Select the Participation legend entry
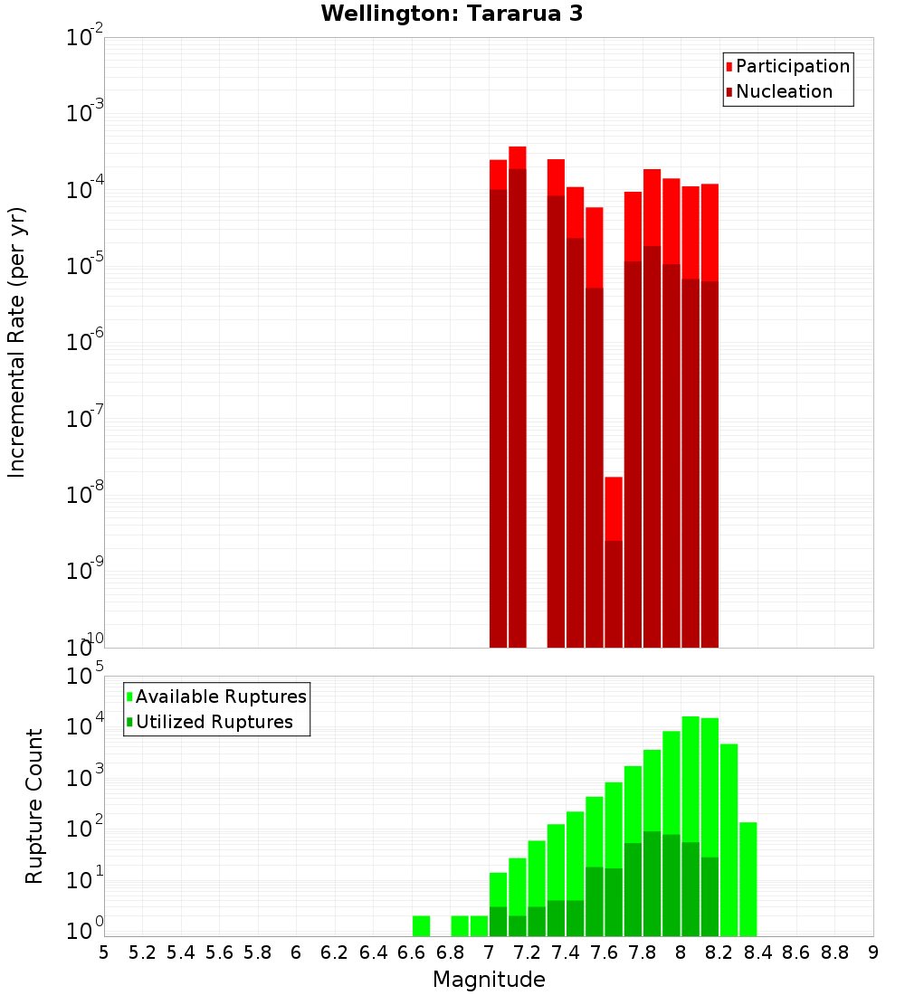pyautogui.click(x=787, y=66)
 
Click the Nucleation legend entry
pyautogui.click(x=778, y=91)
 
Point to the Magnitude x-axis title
pyautogui.click(x=489, y=980)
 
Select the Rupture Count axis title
pyautogui.click(x=34, y=805)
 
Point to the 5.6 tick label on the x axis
pyautogui.click(x=220, y=952)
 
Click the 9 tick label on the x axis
pyautogui.click(x=872, y=952)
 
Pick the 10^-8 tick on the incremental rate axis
pyautogui.click(x=86, y=495)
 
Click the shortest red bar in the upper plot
pyautogui.click(x=614, y=561)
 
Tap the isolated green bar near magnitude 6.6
pyautogui.click(x=421, y=926)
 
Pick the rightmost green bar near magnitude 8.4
pyautogui.click(x=748, y=877)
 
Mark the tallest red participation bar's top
pyautogui.click(x=518, y=147)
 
